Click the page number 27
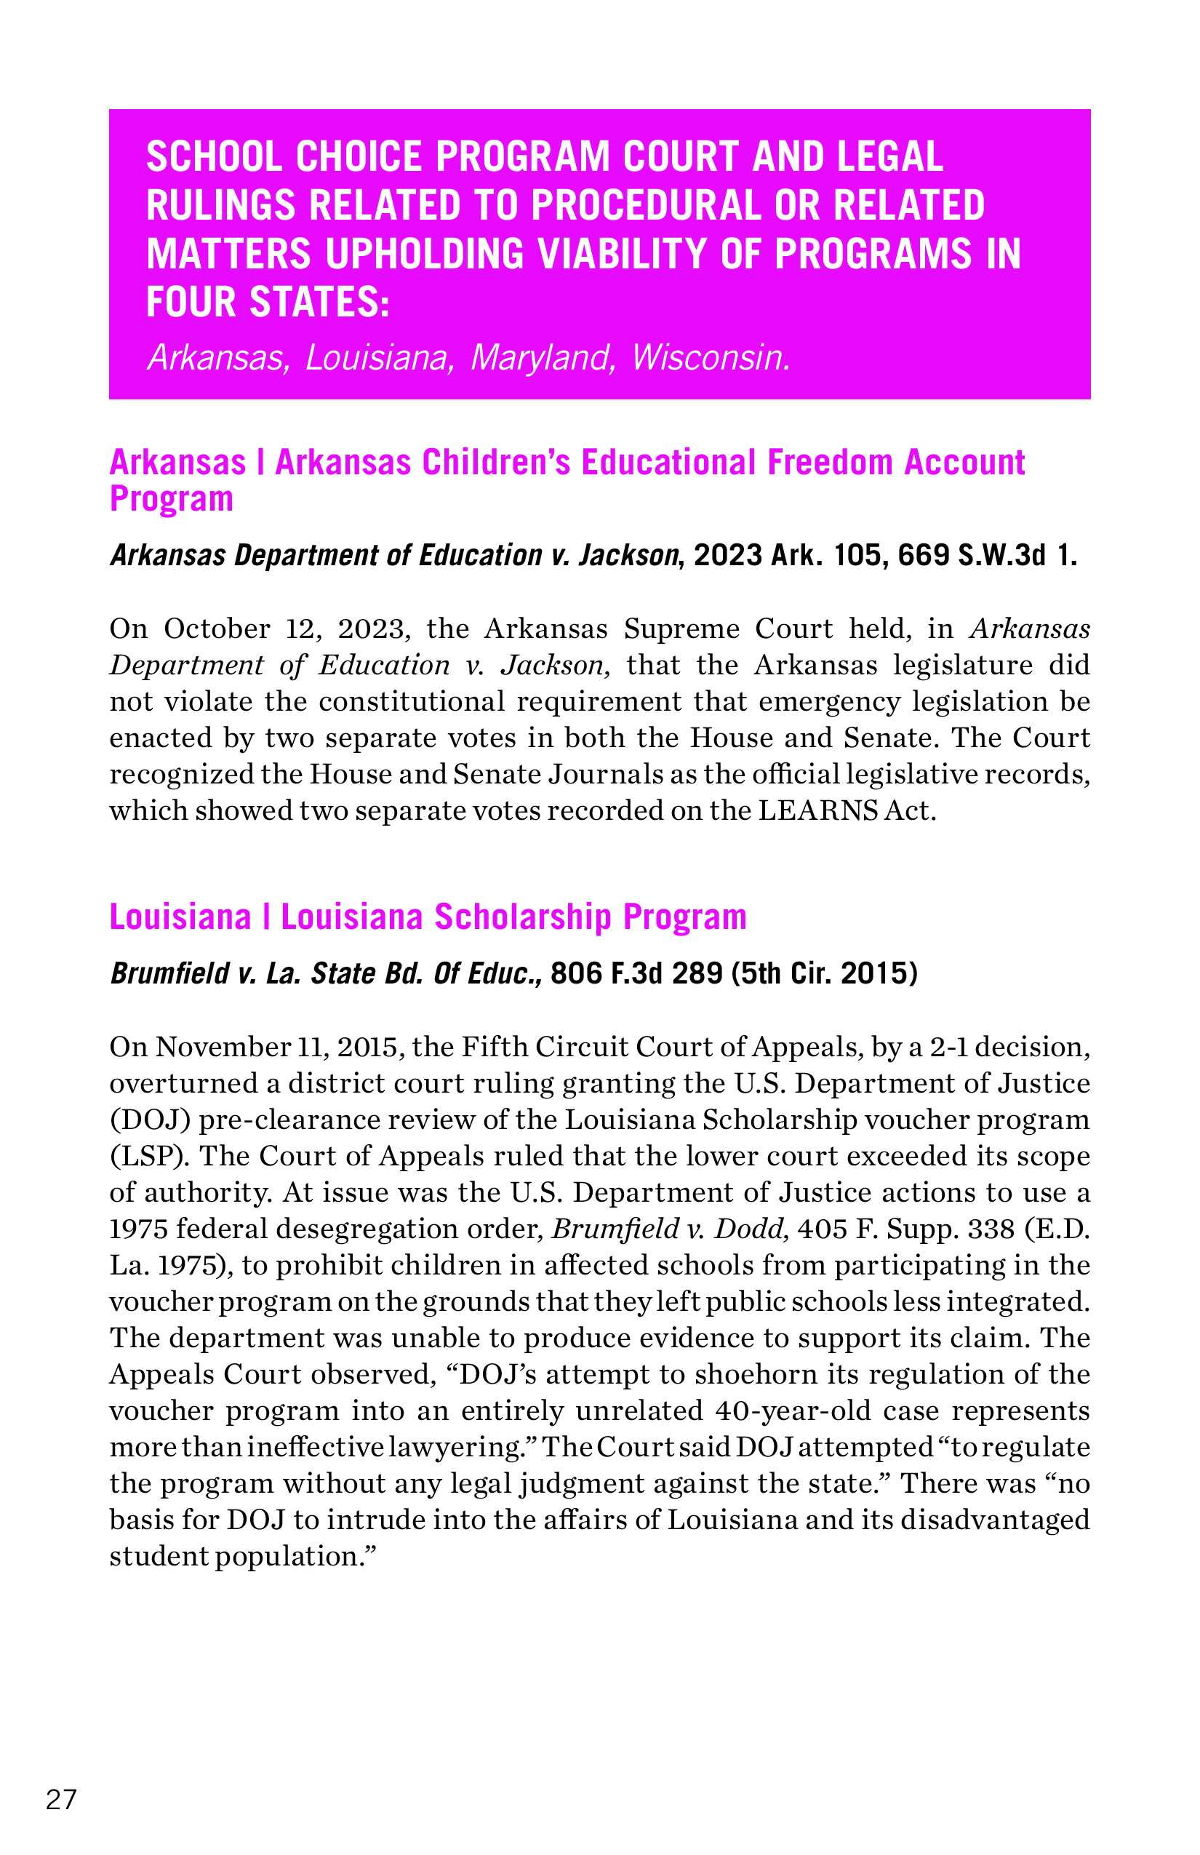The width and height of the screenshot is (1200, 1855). (62, 1800)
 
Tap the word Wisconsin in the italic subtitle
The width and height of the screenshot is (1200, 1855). (711, 358)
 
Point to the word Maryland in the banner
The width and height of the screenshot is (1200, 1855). (541, 358)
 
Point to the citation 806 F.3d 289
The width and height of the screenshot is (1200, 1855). (636, 973)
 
